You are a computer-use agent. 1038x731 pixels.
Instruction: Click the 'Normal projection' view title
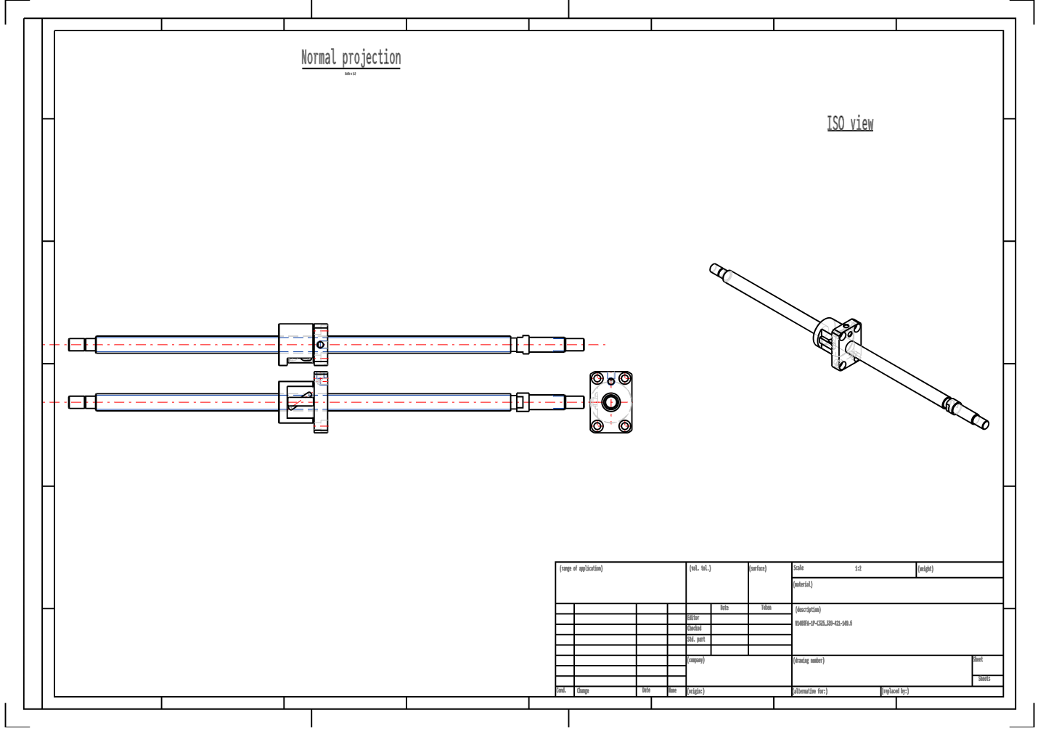[x=351, y=58]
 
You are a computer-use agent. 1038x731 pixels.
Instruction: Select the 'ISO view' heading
[x=850, y=123]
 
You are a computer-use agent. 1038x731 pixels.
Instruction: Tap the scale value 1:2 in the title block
[x=858, y=569]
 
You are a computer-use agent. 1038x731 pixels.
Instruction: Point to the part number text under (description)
[x=823, y=624]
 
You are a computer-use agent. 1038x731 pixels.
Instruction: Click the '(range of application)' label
[x=581, y=569]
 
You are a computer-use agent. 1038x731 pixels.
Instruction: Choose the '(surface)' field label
[x=758, y=569]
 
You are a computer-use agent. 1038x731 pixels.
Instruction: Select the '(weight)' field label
[x=925, y=570]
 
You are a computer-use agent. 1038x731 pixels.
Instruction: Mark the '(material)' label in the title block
[x=803, y=585]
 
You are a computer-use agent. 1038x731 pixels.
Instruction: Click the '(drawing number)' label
[x=809, y=661]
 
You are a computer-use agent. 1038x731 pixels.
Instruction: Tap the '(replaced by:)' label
[x=895, y=692]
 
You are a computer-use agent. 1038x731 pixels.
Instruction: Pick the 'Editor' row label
[x=693, y=618]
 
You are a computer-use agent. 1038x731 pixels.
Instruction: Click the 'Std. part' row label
[x=696, y=640]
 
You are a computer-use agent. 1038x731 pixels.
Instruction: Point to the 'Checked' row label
[x=695, y=629]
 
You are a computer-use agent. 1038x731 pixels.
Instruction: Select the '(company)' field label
[x=696, y=661]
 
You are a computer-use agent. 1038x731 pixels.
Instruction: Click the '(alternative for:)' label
[x=810, y=692]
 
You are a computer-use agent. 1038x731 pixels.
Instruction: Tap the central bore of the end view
[x=611, y=402]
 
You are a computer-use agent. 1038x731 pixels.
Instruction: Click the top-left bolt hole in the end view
[x=597, y=379]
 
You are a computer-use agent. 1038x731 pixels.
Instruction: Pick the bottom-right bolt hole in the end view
[x=624, y=426]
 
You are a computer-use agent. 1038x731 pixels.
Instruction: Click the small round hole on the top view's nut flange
[x=320, y=345]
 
